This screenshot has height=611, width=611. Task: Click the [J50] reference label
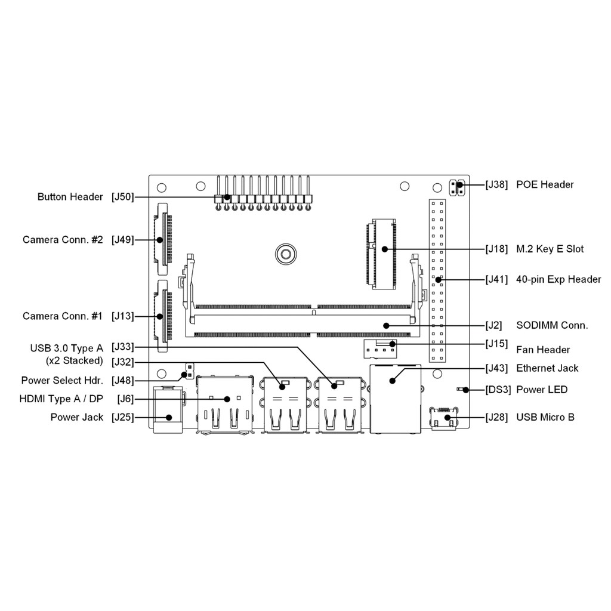(x=123, y=197)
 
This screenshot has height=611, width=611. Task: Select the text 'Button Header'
(x=70, y=197)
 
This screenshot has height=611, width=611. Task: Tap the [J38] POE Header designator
(x=497, y=184)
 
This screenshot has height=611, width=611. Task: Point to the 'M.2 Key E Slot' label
(x=550, y=249)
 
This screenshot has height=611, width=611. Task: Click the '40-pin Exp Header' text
(x=558, y=279)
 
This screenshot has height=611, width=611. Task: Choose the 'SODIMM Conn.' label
(x=552, y=325)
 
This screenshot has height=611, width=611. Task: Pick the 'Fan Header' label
(x=543, y=350)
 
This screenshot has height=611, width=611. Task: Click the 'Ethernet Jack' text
(x=547, y=368)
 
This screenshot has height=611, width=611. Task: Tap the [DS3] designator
(x=498, y=390)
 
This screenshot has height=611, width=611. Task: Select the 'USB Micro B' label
(x=545, y=417)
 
